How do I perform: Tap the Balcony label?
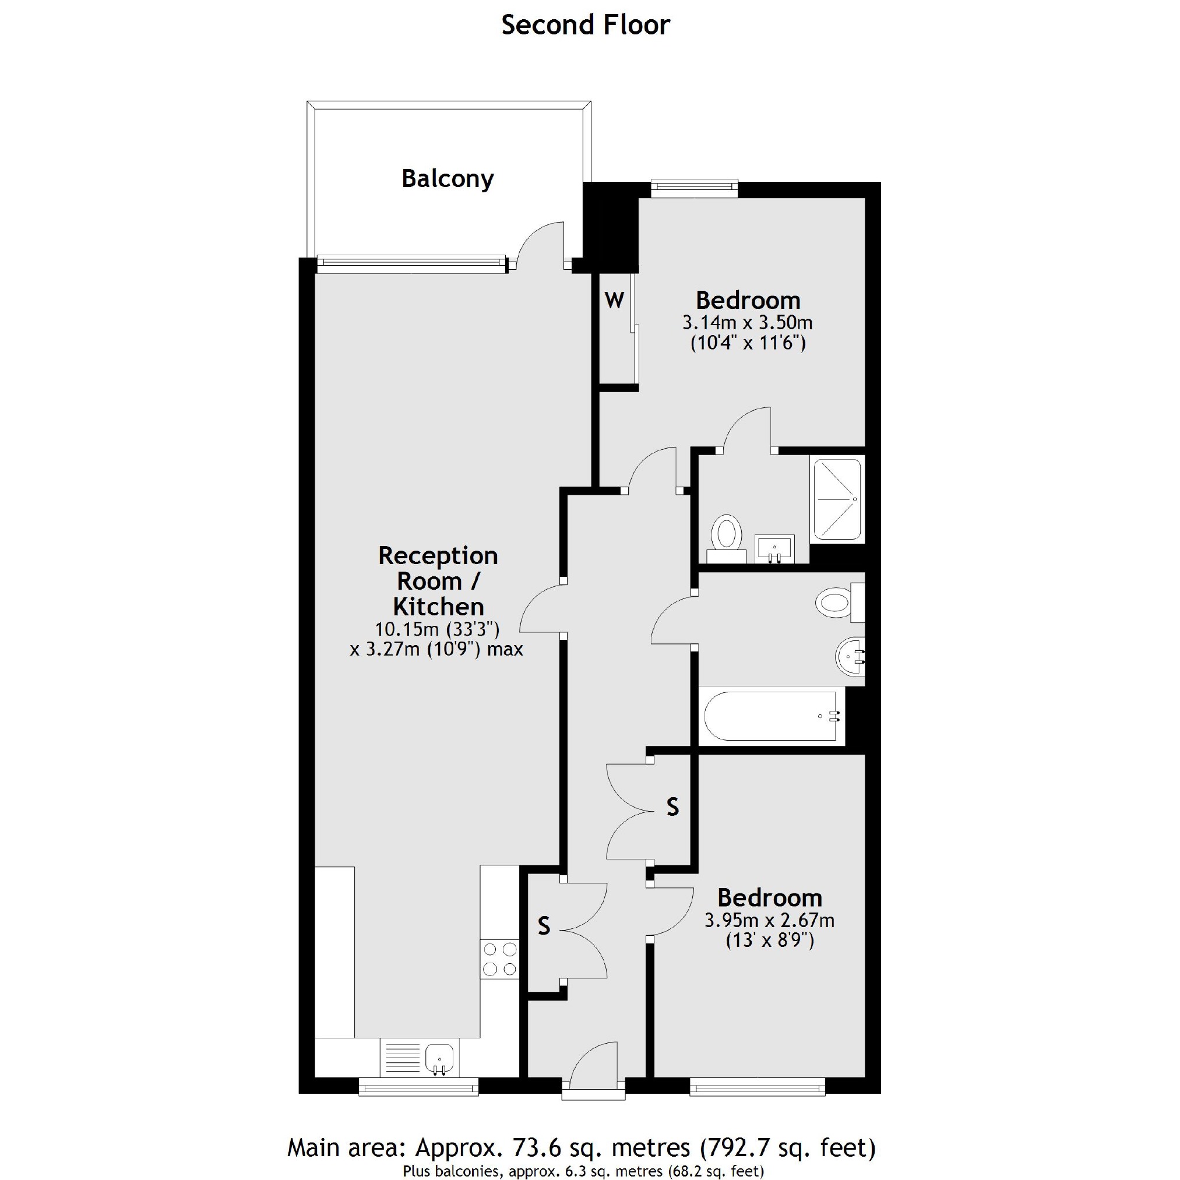[447, 179]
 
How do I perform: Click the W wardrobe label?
[614, 301]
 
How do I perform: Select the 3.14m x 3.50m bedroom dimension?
[748, 322]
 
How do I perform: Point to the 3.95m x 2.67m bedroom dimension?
[769, 920]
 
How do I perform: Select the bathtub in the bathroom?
[771, 716]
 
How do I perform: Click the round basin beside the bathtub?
[850, 657]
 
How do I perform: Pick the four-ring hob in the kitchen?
[499, 959]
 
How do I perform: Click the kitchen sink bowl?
[438, 1057]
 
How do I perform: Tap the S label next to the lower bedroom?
[672, 808]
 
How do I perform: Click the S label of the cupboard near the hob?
[544, 927]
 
